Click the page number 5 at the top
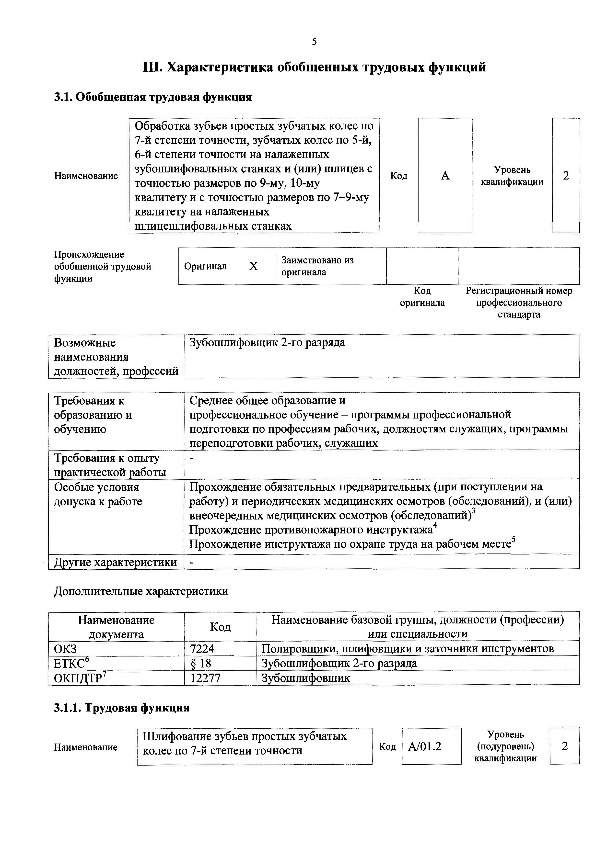pyautogui.click(x=314, y=42)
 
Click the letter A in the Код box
pyautogui.click(x=445, y=176)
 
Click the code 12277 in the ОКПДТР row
pyautogui.click(x=205, y=678)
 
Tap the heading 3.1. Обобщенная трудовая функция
pyautogui.click(x=153, y=97)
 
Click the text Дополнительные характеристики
pyautogui.click(x=141, y=591)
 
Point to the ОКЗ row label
pyautogui.click(x=65, y=649)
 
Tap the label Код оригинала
pyautogui.click(x=422, y=297)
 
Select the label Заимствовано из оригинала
pyautogui.click(x=317, y=266)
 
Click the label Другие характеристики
pyautogui.click(x=115, y=562)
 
